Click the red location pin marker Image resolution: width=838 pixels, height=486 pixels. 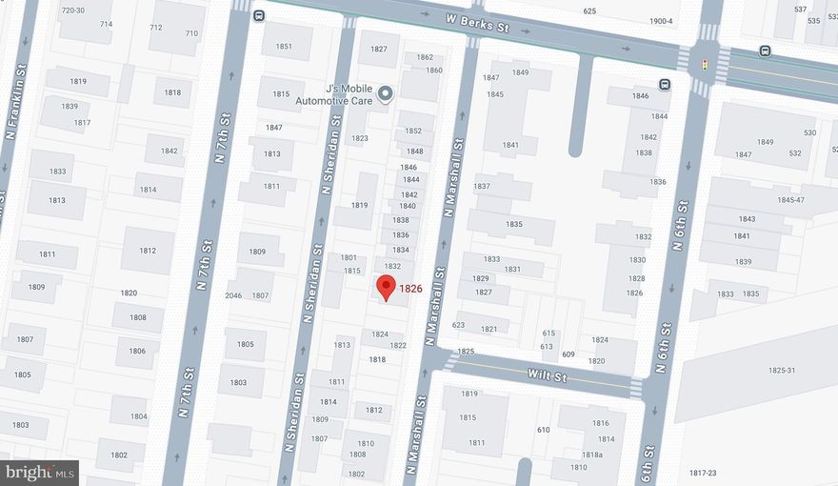pyautogui.click(x=386, y=287)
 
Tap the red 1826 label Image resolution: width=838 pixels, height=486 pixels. pyautogui.click(x=410, y=289)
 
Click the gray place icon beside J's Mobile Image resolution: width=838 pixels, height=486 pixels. pyautogui.click(x=385, y=93)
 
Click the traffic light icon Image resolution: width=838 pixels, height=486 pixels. pyautogui.click(x=704, y=65)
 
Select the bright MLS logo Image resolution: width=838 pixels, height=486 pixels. pyautogui.click(x=40, y=473)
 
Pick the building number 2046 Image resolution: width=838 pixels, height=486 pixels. pyautogui.click(x=233, y=295)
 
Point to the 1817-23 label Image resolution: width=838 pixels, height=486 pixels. pyautogui.click(x=703, y=473)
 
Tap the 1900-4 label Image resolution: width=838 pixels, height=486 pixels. pyautogui.click(x=661, y=21)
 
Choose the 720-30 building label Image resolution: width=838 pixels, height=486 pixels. pyautogui.click(x=72, y=10)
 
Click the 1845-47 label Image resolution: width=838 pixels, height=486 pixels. pyautogui.click(x=790, y=200)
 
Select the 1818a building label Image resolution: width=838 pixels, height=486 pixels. pyautogui.click(x=592, y=455)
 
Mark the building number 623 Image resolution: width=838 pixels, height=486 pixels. pyautogui.click(x=458, y=325)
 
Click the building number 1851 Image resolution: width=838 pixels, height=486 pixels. pyautogui.click(x=284, y=46)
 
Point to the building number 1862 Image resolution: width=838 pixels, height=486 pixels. pyautogui.click(x=425, y=57)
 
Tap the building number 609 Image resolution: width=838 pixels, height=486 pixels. pyautogui.click(x=568, y=354)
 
